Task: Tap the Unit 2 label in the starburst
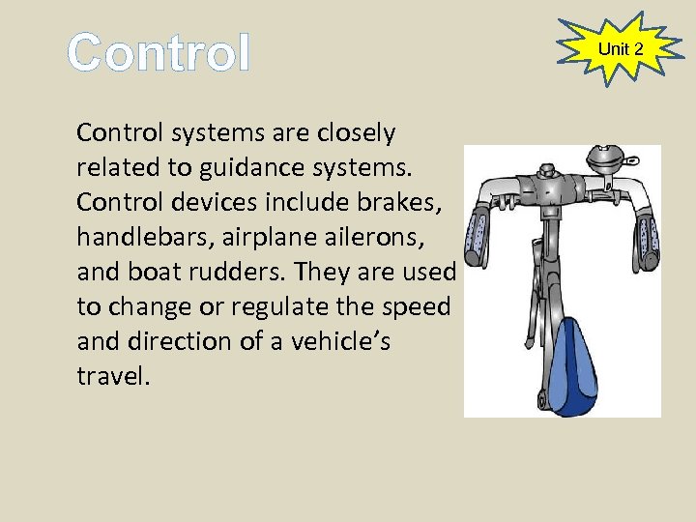pos(621,48)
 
